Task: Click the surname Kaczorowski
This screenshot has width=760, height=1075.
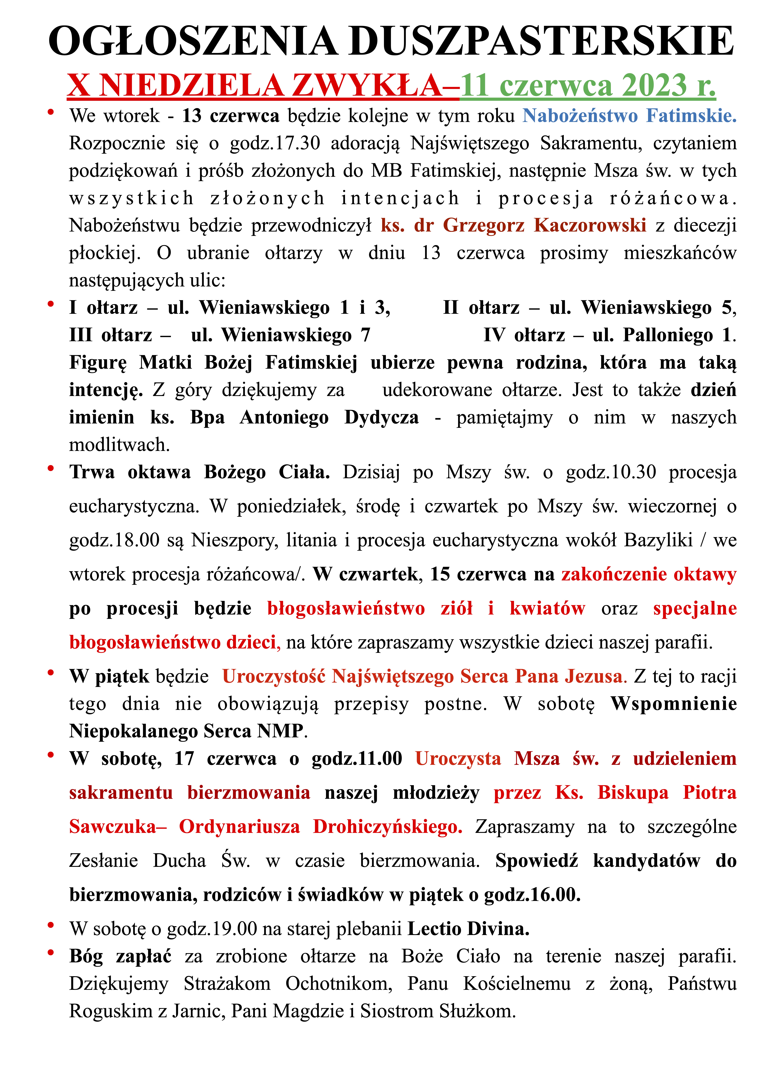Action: pyautogui.click(x=590, y=225)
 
